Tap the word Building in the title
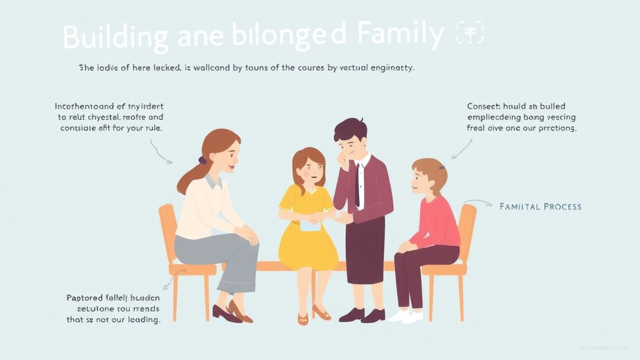click(x=115, y=37)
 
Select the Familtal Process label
click(x=541, y=206)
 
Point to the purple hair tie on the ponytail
click(x=202, y=161)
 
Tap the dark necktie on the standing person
click(x=357, y=184)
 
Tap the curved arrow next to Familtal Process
click(x=478, y=202)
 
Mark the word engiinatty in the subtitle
click(x=390, y=67)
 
